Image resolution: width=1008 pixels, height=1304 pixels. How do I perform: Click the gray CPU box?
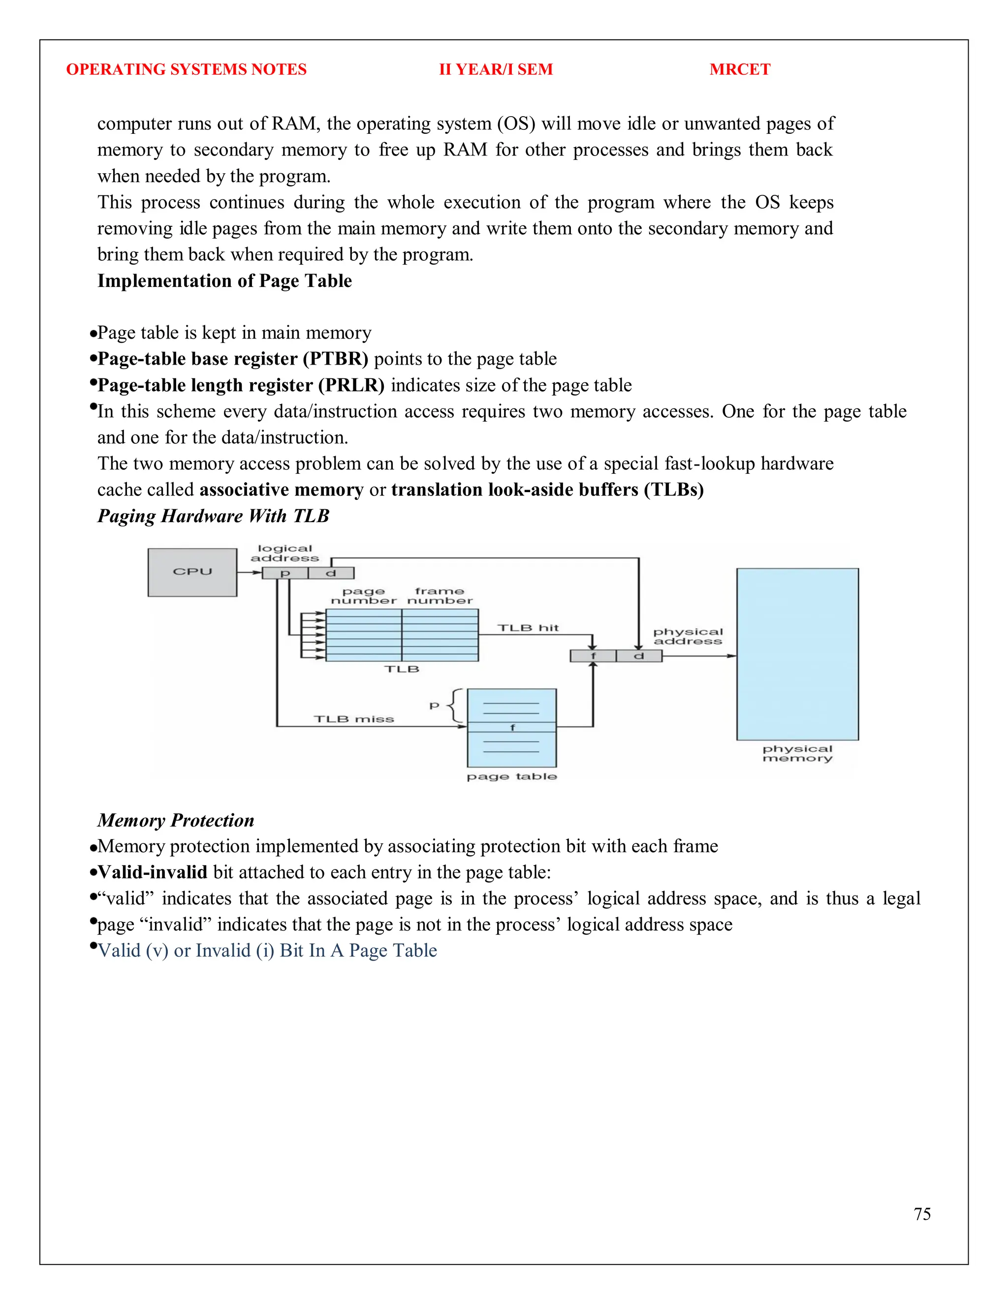pyautogui.click(x=192, y=572)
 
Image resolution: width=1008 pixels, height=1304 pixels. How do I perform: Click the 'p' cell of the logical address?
pyautogui.click(x=285, y=573)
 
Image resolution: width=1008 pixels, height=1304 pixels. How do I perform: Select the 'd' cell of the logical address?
pyautogui.click(x=331, y=573)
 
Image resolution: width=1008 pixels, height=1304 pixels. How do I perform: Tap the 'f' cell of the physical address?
pyautogui.click(x=593, y=656)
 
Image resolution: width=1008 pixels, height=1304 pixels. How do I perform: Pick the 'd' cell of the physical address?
pyautogui.click(x=638, y=656)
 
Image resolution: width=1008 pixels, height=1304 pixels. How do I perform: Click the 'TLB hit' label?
pyautogui.click(x=528, y=628)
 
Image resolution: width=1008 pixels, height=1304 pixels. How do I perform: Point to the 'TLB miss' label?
pyautogui.click(x=353, y=719)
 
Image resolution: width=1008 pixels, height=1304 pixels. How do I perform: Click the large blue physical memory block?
pyautogui.click(x=797, y=654)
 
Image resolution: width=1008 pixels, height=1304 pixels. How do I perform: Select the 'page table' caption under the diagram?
pyautogui.click(x=512, y=776)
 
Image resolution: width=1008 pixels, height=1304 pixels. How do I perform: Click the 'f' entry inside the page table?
pyautogui.click(x=512, y=727)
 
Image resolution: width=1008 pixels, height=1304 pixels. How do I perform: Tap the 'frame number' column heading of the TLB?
pyautogui.click(x=440, y=596)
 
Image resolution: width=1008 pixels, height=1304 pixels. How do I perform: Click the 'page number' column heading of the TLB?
pyautogui.click(x=364, y=596)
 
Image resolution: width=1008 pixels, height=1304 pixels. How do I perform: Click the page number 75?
pyautogui.click(x=922, y=1214)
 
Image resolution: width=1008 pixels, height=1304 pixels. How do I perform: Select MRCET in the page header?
pyautogui.click(x=740, y=69)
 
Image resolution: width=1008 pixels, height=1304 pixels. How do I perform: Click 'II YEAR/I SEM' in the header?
pyautogui.click(x=496, y=69)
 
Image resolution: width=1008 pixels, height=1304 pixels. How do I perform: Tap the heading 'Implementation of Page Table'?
pyautogui.click(x=224, y=280)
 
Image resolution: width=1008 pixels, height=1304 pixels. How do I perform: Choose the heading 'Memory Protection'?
pyautogui.click(x=176, y=820)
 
